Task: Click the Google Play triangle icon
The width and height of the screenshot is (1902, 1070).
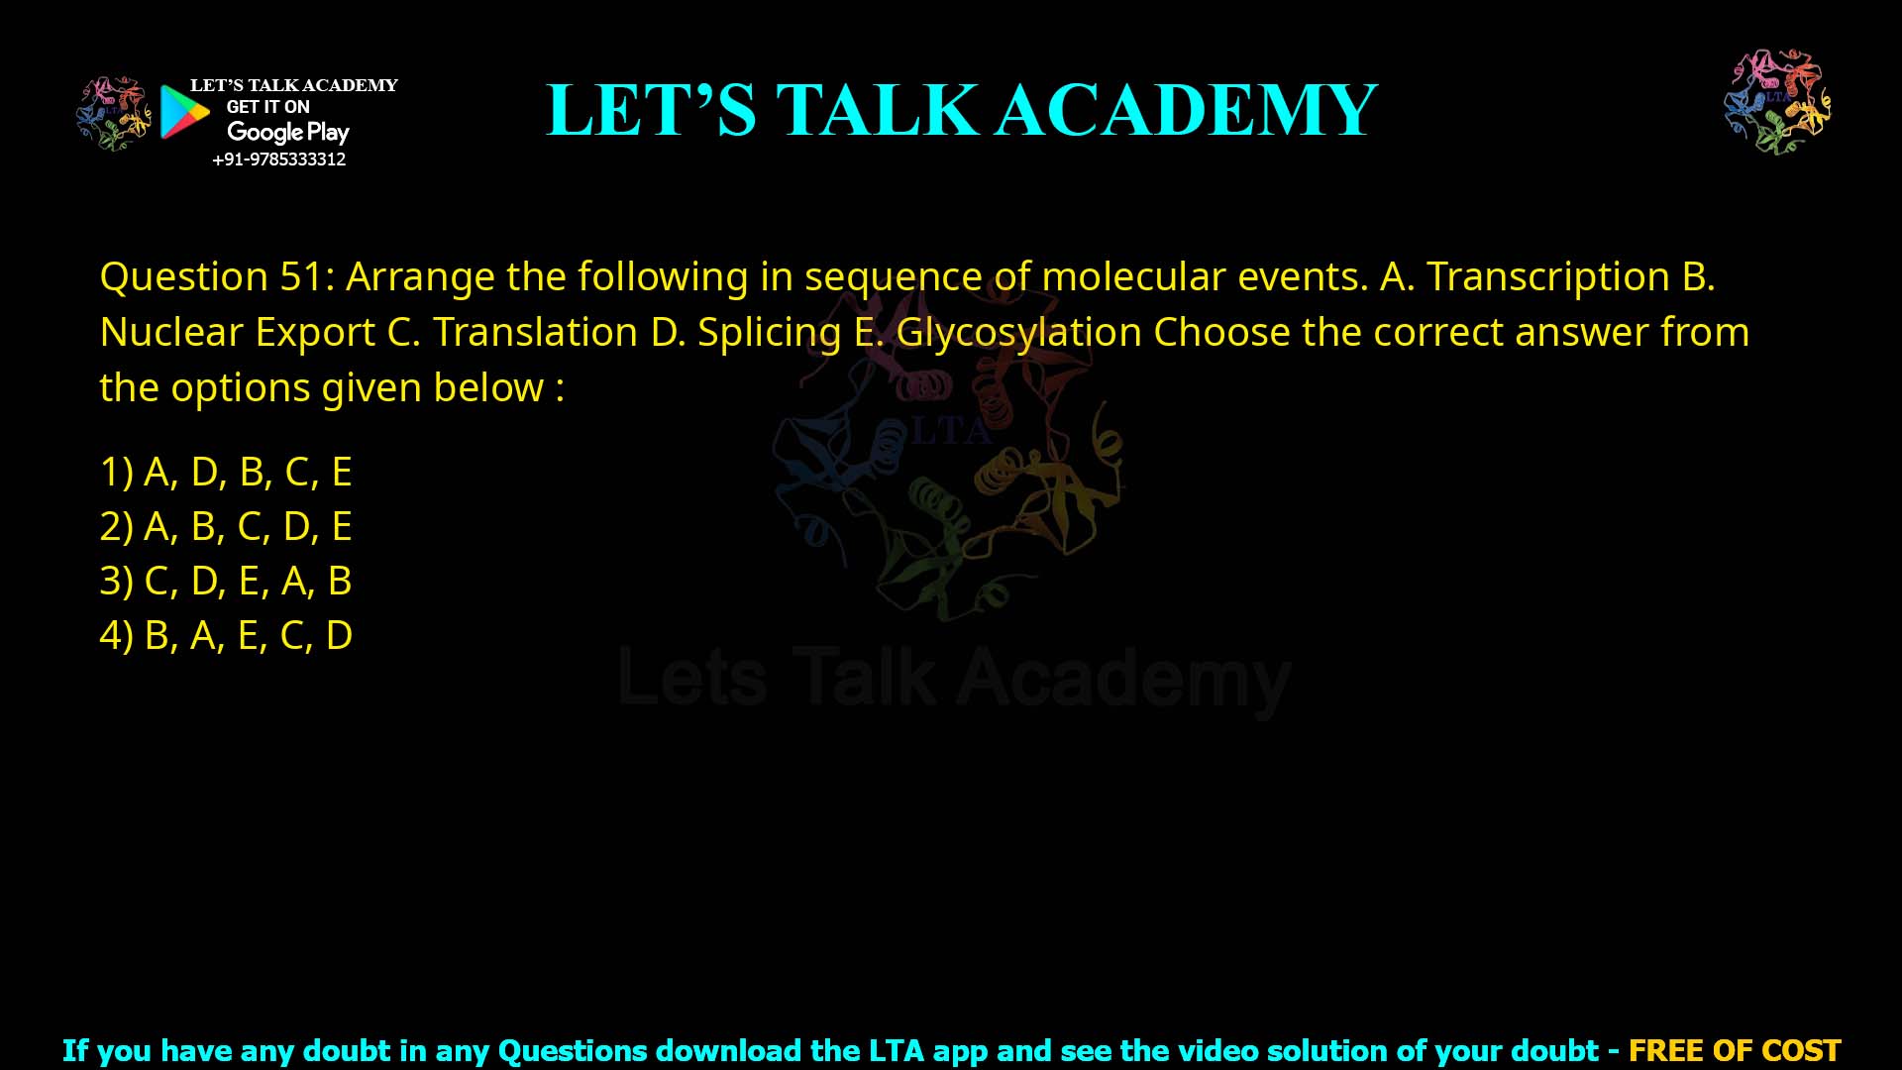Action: point(184,112)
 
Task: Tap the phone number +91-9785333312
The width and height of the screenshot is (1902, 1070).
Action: point(279,160)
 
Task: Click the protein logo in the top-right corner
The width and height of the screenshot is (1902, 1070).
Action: point(1777,101)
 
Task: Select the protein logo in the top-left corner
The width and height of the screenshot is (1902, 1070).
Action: point(114,113)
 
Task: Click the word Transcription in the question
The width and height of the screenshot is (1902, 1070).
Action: point(1547,276)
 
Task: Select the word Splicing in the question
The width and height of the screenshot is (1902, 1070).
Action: point(769,333)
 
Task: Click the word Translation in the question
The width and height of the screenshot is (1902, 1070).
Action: point(535,333)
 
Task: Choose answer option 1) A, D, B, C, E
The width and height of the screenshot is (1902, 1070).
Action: point(226,472)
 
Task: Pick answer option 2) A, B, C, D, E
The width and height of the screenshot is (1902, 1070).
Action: point(226,526)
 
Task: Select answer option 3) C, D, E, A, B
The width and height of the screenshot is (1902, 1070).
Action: point(226,581)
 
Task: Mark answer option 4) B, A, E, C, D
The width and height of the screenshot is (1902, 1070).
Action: point(226,635)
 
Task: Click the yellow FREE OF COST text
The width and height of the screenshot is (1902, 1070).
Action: point(1734,1050)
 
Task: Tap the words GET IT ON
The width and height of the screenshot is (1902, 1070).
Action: point(267,107)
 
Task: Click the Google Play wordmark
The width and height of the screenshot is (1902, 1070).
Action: point(287,132)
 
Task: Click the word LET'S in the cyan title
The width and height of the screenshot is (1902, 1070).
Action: point(651,110)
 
